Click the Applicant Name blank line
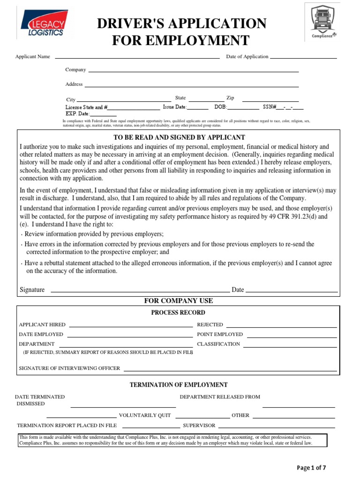point(137,58)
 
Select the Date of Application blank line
point(303,58)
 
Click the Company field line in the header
point(193,71)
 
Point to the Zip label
point(230,98)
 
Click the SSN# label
point(270,107)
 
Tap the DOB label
point(220,107)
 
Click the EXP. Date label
point(77,113)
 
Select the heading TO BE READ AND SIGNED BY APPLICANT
point(180,137)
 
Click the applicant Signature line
point(140,291)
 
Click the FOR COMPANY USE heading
point(178,300)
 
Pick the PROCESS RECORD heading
point(178,313)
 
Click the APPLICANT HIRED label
point(42,325)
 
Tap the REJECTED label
point(210,325)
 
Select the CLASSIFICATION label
point(218,344)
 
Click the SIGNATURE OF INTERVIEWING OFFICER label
point(69,368)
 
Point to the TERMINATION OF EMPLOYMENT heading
point(179,385)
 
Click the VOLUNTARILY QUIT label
point(145,415)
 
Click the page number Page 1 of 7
point(312,468)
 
